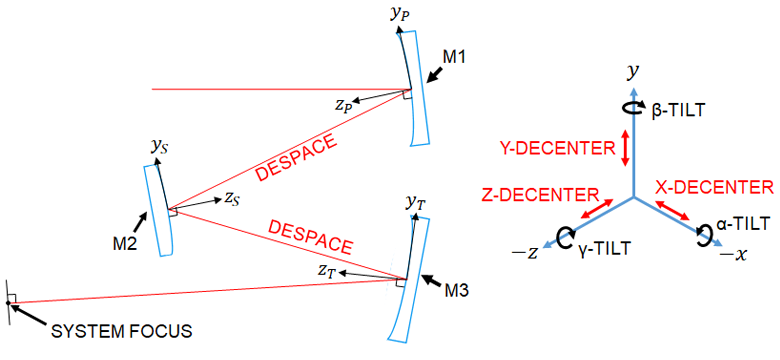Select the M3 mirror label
click(x=457, y=293)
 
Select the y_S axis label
click(x=159, y=146)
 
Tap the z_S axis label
click(x=232, y=199)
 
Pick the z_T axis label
click(x=325, y=271)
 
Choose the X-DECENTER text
click(x=714, y=186)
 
